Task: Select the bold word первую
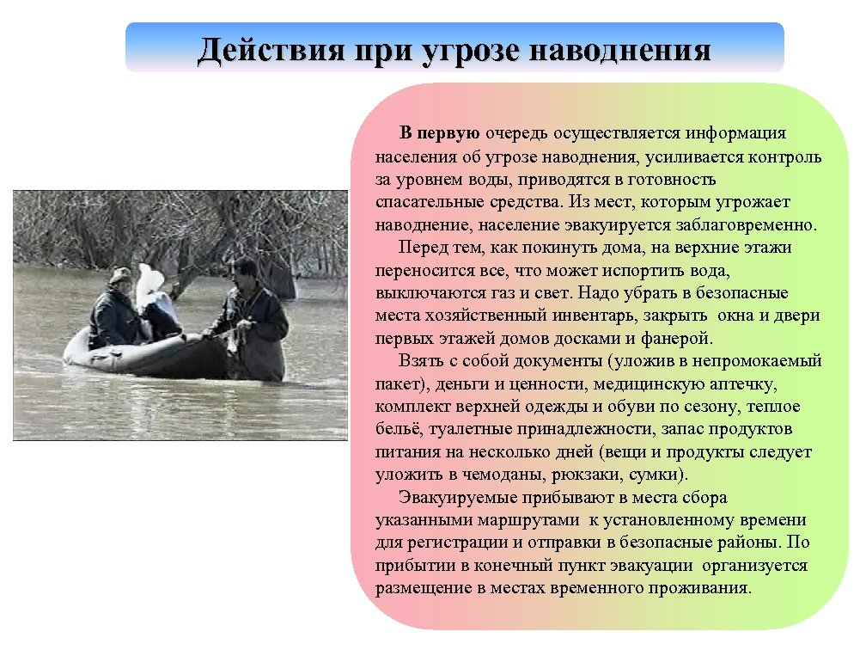[449, 134]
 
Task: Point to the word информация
[740, 134]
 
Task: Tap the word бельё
[398, 427]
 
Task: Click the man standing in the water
[253, 318]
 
